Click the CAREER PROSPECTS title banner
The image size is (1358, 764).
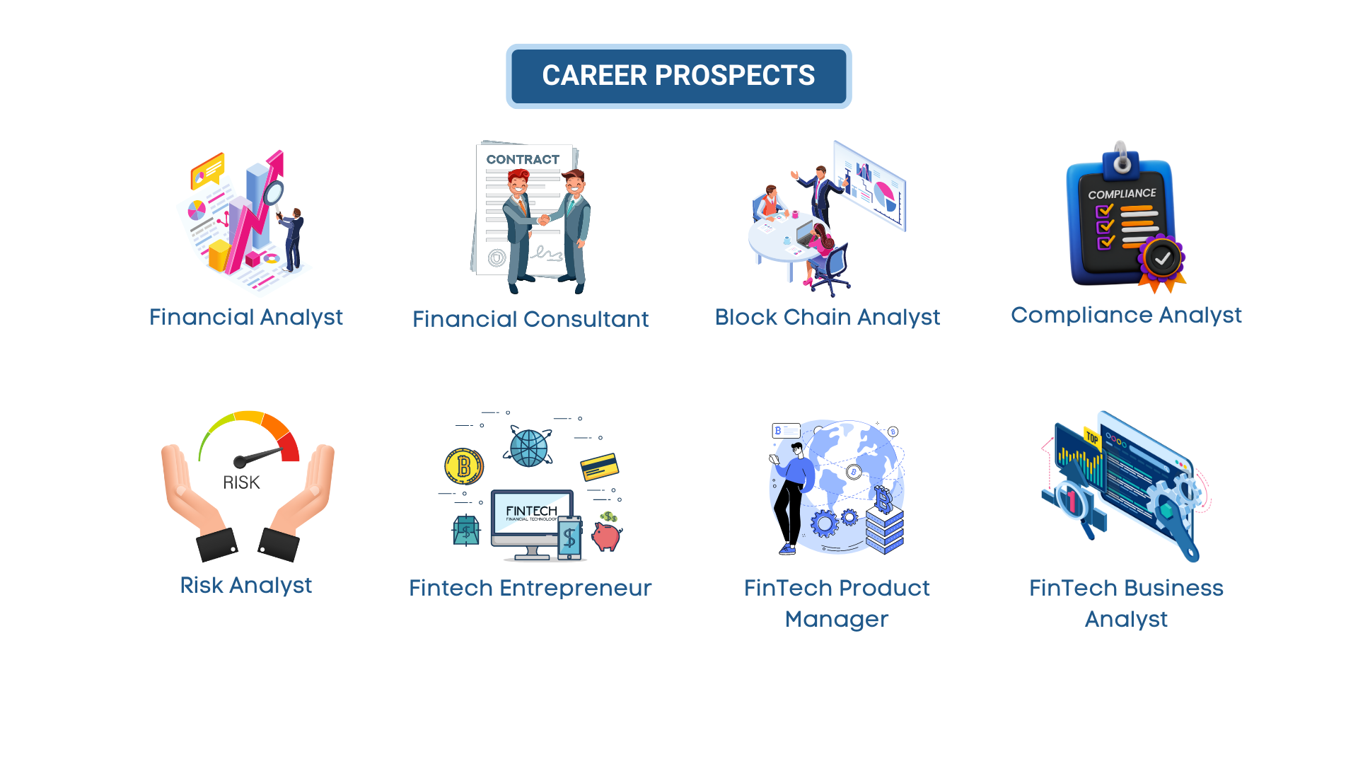[x=678, y=76]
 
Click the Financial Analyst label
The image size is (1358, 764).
[x=246, y=318]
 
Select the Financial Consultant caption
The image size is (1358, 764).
[x=530, y=319]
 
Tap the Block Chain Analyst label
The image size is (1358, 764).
[x=828, y=318]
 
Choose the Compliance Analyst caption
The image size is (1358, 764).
[x=1126, y=316]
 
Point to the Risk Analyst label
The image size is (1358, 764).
[x=245, y=586]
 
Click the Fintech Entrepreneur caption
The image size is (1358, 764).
[x=530, y=589]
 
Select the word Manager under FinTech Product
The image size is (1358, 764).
[x=837, y=620]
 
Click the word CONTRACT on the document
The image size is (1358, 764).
[x=523, y=160]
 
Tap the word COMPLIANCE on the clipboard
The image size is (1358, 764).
[x=1122, y=194]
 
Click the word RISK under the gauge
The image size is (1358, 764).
[x=241, y=482]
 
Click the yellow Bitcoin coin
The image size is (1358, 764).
[x=464, y=466]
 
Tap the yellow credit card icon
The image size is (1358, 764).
[x=600, y=467]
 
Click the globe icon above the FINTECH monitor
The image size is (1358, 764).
[x=528, y=447]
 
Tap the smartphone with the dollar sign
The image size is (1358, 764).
[x=569, y=538]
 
